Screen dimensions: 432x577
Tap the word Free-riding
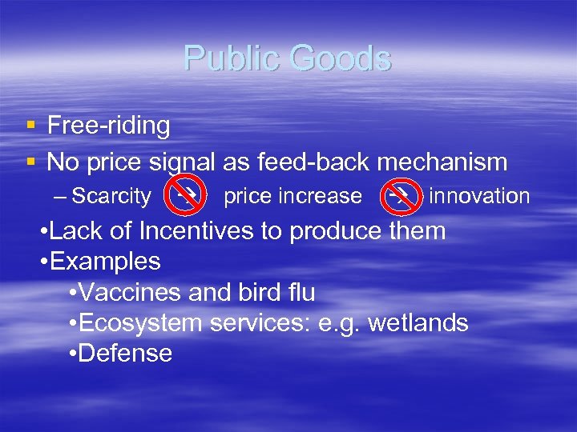(108, 126)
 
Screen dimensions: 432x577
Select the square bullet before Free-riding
(30, 126)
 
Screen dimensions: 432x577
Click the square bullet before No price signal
(30, 162)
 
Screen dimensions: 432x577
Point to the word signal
(182, 163)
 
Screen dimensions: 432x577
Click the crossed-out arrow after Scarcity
(184, 196)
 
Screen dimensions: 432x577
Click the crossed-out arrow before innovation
(398, 196)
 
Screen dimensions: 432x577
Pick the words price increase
(293, 196)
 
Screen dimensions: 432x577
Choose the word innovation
(479, 196)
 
